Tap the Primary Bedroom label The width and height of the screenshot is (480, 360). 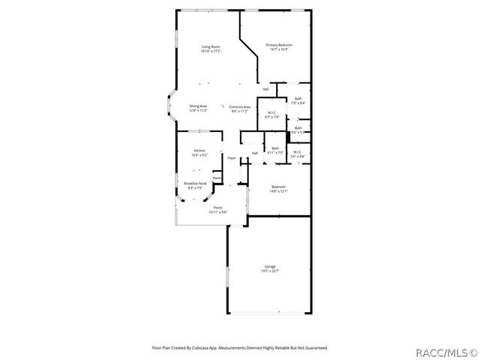pyautogui.click(x=279, y=45)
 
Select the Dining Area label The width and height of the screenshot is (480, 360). pyautogui.click(x=198, y=106)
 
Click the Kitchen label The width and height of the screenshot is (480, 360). pyautogui.click(x=199, y=150)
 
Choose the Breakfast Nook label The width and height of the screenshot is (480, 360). pyautogui.click(x=195, y=183)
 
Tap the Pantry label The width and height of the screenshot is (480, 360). pyautogui.click(x=217, y=178)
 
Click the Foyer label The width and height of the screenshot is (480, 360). pyautogui.click(x=232, y=158)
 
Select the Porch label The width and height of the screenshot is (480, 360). pyautogui.click(x=217, y=208)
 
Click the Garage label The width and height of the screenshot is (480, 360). pyautogui.click(x=270, y=267)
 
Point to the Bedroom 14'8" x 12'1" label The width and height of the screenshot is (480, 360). pyautogui.click(x=278, y=187)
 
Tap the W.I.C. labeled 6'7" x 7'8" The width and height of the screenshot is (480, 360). pyautogui.click(x=271, y=113)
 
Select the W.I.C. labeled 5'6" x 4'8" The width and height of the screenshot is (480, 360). pyautogui.click(x=298, y=152)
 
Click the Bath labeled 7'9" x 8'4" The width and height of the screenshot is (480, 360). pyautogui.click(x=298, y=99)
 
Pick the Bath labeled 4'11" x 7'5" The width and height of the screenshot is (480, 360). pyautogui.click(x=275, y=148)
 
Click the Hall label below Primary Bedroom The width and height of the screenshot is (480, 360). pyautogui.click(x=265, y=89)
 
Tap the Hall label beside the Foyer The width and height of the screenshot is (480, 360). pyautogui.click(x=255, y=153)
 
